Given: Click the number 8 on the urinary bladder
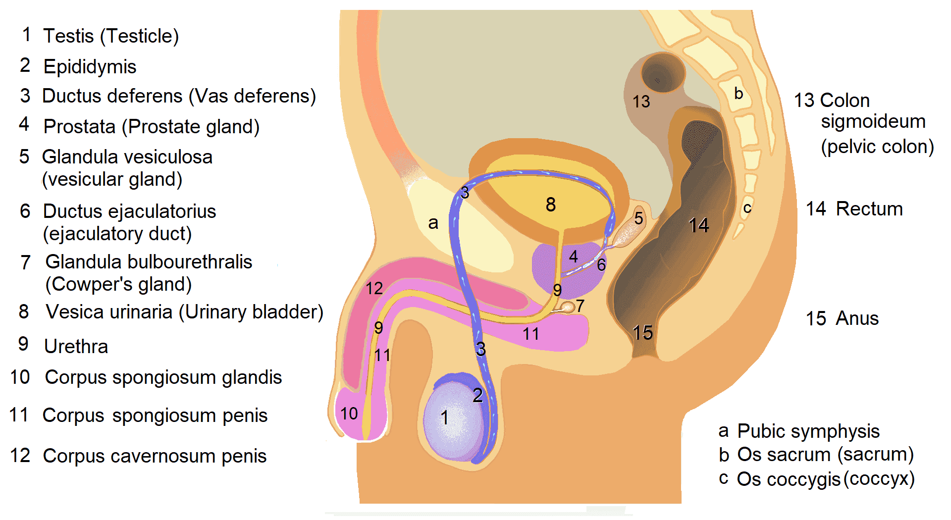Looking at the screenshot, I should (551, 204).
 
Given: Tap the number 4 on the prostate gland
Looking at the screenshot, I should (574, 256).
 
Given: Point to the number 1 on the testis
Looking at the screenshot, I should (445, 417).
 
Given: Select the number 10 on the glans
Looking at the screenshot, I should (349, 413).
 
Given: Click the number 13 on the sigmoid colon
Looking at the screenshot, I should (641, 102).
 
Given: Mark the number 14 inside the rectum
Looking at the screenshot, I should (699, 225).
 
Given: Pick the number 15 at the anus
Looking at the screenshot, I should (642, 332).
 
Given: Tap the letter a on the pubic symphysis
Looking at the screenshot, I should (433, 223).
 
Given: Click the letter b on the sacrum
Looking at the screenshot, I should (739, 93).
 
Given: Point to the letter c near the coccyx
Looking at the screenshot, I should (747, 208).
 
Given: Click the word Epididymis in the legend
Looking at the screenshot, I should (90, 67).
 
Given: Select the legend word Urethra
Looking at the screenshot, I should (76, 346).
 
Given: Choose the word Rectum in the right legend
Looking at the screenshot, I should (869, 209).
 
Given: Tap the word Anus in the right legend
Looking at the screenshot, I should (857, 318).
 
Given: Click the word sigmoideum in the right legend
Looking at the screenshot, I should (873, 121).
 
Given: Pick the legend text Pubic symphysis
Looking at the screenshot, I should (808, 431).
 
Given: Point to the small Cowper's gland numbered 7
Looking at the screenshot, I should (568, 308).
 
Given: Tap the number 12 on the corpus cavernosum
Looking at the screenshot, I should (374, 288).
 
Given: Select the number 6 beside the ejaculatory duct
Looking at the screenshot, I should (601, 265).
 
